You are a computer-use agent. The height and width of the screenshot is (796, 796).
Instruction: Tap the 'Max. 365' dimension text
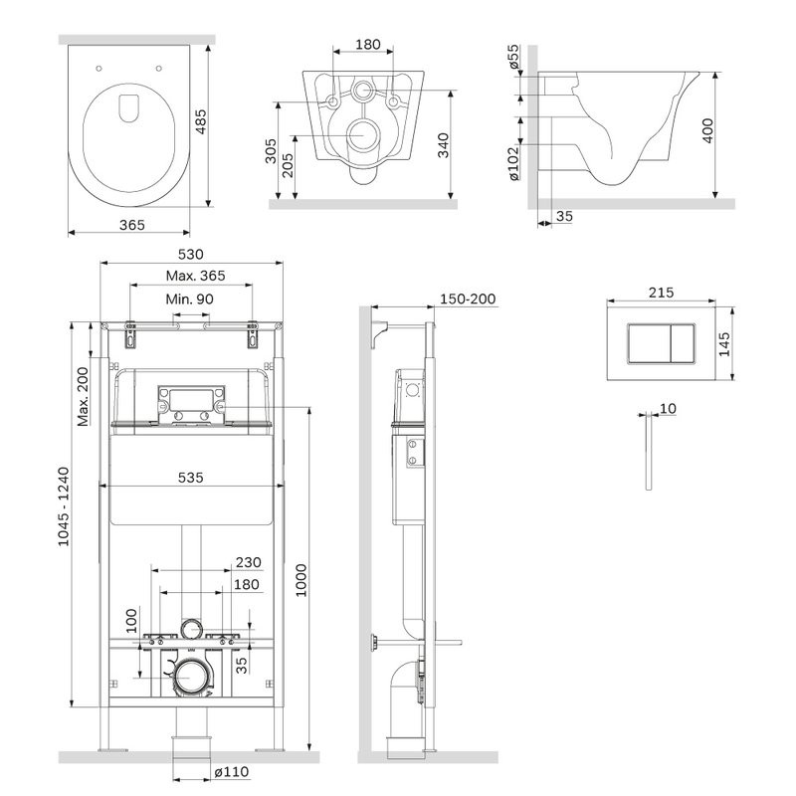(x=195, y=276)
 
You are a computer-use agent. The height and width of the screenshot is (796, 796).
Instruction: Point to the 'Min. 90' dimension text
(x=189, y=298)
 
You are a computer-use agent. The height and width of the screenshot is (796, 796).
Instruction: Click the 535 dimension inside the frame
(x=191, y=478)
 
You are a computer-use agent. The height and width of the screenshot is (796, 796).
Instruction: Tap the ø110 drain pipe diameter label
(x=231, y=771)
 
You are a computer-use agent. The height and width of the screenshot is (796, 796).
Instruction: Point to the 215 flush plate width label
(x=661, y=293)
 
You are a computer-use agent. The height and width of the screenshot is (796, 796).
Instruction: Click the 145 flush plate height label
(x=724, y=342)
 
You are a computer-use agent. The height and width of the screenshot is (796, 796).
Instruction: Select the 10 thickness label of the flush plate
(x=667, y=409)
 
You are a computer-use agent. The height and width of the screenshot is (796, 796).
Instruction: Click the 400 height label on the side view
(x=708, y=132)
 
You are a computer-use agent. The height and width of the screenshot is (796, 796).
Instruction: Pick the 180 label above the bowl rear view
(x=368, y=45)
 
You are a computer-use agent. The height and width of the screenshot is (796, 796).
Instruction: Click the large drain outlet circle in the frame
(x=191, y=678)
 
